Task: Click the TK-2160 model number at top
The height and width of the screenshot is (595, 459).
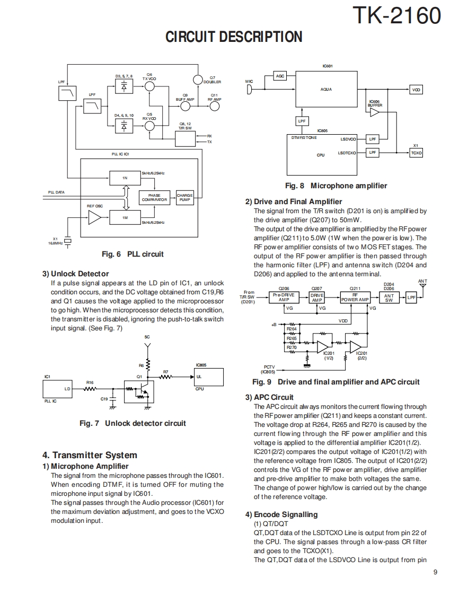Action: tap(396, 16)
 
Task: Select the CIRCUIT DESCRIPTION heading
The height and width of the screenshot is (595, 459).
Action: tap(234, 37)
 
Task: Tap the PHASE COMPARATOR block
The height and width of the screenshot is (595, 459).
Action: tap(154, 198)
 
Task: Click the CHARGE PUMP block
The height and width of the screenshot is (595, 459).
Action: tap(184, 198)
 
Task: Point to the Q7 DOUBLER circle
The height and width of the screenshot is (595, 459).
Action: tap(198, 80)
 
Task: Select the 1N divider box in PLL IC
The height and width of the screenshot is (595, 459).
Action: tap(125, 178)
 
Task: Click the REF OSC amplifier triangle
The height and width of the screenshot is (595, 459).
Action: tap(94, 217)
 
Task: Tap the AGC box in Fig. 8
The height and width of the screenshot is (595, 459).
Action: tap(280, 76)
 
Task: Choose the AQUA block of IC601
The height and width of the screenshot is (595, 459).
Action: tap(326, 89)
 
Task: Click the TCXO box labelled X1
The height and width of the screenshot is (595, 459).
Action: tap(416, 153)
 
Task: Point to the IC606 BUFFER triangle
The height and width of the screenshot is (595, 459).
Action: tap(375, 112)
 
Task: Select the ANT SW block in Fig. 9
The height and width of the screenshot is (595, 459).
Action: tap(389, 298)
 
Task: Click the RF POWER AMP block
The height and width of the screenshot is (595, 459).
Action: tap(355, 297)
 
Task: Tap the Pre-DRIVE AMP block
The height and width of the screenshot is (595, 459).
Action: tap(284, 297)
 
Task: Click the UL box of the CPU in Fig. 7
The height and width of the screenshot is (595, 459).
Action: tap(207, 377)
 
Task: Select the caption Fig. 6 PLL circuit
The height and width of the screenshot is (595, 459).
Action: tap(133, 254)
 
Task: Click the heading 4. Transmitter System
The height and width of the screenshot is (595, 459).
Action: tap(90, 455)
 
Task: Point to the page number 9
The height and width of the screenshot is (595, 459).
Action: tap(435, 572)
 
